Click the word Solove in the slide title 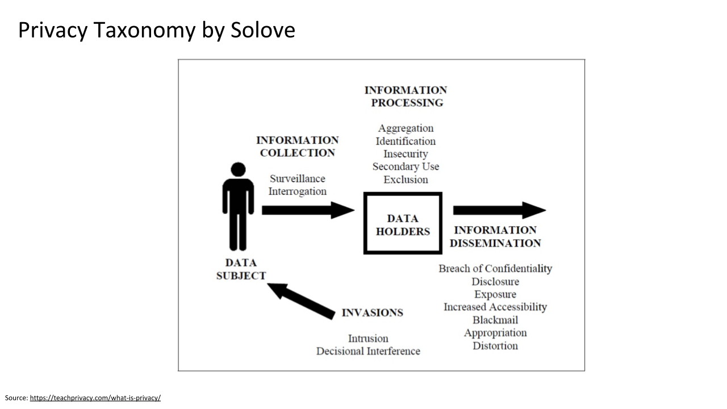click(262, 30)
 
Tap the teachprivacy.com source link click(95, 398)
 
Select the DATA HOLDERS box click(403, 223)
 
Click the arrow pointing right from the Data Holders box click(499, 210)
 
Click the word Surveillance click(298, 178)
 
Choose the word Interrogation click(298, 191)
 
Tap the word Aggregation click(406, 128)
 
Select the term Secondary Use click(406, 166)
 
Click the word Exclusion click(406, 180)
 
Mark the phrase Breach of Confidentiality click(495, 269)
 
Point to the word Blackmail click(495, 320)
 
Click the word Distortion click(495, 345)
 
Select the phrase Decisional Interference click(368, 351)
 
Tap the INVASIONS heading click(372, 313)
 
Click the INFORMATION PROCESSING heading click(406, 96)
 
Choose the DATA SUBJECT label click(241, 269)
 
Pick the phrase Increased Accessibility click(495, 307)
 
